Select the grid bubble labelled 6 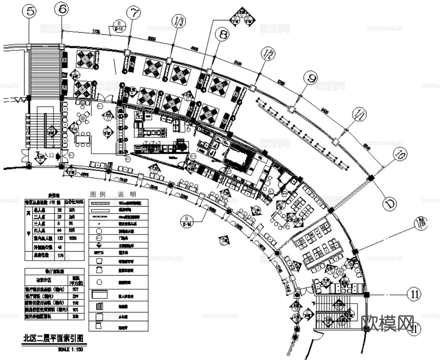pyautogui.click(x=62, y=10)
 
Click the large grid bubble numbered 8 pyautogui.click(x=223, y=35)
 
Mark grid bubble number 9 pyautogui.click(x=310, y=77)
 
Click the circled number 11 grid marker pyautogui.click(x=415, y=294)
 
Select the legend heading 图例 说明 pyautogui.click(x=113, y=194)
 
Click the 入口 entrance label pyautogui.click(x=50, y=156)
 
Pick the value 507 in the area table pyautogui.click(x=76, y=289)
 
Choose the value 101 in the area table pyautogui.click(x=76, y=309)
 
